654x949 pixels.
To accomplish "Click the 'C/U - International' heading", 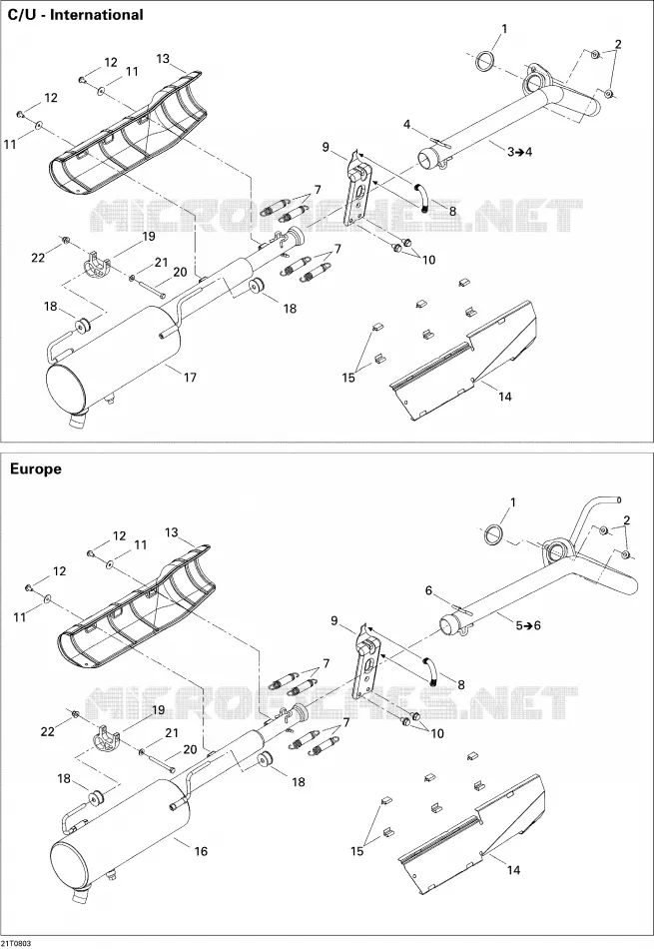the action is click(75, 15).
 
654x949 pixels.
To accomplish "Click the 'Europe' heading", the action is click(35, 470).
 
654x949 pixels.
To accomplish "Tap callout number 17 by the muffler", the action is click(190, 378).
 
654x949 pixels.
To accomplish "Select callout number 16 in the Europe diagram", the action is click(201, 851).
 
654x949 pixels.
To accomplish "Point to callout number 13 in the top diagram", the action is click(163, 59).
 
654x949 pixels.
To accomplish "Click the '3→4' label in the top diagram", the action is click(519, 151).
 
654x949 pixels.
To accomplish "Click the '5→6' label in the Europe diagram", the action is click(528, 625).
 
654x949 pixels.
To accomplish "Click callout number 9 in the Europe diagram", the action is click(333, 620).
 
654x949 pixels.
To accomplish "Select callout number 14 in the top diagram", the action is click(505, 397).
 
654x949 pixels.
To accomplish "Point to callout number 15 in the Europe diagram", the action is click(356, 851).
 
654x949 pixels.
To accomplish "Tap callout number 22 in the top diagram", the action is click(38, 258).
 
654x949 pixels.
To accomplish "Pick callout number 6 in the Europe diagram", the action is click(429, 590).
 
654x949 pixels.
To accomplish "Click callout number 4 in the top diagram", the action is click(407, 125).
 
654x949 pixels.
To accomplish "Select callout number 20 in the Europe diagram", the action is click(190, 750).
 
